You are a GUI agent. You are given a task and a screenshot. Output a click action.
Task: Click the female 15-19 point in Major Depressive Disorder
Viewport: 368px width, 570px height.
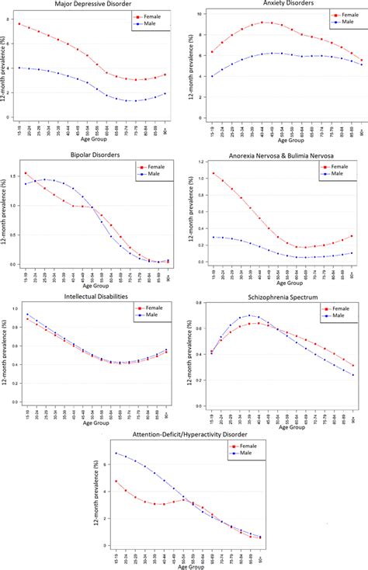pyautogui.click(x=19, y=24)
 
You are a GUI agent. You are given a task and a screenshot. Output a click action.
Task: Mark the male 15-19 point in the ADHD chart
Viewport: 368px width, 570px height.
pyautogui.click(x=116, y=454)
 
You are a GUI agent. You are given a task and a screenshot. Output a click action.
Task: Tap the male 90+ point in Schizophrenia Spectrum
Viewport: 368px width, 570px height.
pyautogui.click(x=352, y=375)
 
